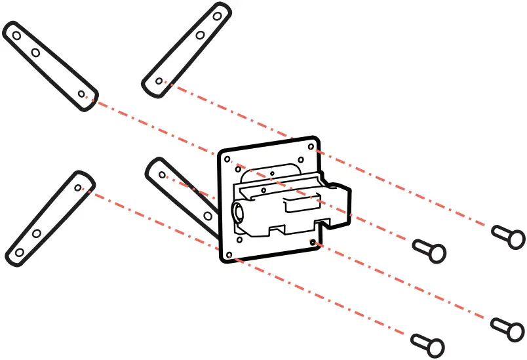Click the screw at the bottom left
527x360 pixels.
pyautogui.click(x=428, y=343)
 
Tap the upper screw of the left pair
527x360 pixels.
pyautogui.click(x=429, y=250)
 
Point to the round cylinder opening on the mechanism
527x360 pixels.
pyautogui.click(x=239, y=214)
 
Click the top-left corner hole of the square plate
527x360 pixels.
pyautogui.click(x=227, y=159)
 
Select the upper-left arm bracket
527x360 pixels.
pyautogui.click(x=50, y=66)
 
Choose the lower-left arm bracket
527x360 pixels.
pyautogui.click(x=49, y=217)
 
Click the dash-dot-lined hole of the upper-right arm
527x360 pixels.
pyautogui.click(x=159, y=81)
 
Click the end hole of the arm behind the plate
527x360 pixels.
pyautogui.click(x=162, y=175)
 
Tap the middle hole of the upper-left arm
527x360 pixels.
pyautogui.click(x=35, y=52)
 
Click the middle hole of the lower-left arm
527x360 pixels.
pyautogui.click(x=37, y=233)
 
